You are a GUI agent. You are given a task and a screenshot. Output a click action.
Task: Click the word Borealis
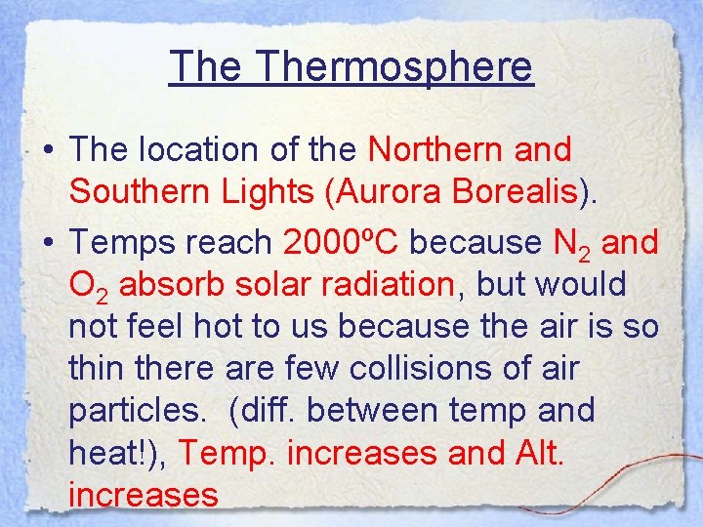tap(527, 192)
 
